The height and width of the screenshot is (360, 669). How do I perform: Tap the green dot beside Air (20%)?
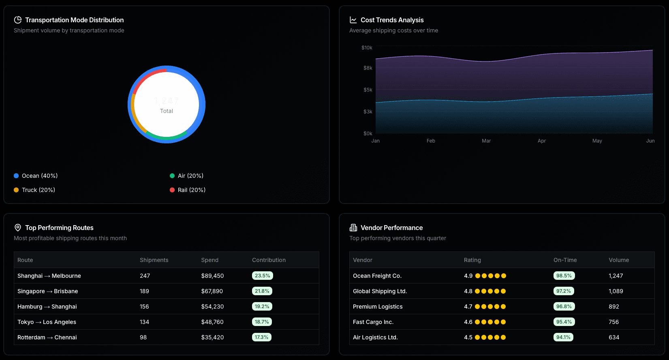172,176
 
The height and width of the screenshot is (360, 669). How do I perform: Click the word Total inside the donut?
167,111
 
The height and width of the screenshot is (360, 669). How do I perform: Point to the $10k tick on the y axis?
367,48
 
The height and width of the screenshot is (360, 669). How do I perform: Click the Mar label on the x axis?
486,141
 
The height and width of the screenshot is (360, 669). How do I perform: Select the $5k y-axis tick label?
368,90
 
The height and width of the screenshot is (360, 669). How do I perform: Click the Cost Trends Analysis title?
392,20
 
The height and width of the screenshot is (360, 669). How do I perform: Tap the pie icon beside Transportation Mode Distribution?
18,20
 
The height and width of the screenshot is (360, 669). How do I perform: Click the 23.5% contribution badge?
262,276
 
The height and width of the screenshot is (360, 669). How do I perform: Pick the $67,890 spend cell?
212,291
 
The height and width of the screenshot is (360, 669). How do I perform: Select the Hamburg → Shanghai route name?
47,307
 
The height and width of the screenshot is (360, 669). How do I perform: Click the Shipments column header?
154,260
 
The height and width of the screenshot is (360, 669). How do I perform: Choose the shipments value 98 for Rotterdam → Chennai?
143,337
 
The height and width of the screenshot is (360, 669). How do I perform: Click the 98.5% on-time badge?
564,276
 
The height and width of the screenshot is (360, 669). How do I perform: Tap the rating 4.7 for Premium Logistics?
468,307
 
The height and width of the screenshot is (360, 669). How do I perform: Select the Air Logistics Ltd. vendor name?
375,337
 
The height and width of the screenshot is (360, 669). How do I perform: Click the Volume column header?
619,260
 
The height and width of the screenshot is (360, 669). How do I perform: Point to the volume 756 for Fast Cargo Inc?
613,322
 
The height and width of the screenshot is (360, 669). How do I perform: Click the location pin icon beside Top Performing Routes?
18,228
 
